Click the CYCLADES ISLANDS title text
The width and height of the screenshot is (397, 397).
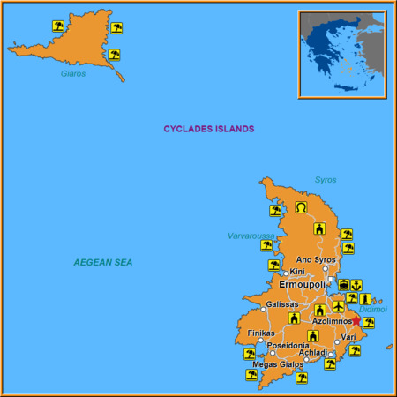coord(208,129)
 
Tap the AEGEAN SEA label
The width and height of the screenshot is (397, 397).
coord(103,263)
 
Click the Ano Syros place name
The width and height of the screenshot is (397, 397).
coord(316,259)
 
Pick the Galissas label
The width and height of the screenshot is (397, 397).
coord(281,304)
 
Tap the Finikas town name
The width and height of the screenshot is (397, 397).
coord(261,333)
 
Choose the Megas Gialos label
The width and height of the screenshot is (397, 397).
coord(277,363)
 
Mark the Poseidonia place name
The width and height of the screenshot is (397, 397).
coord(288,345)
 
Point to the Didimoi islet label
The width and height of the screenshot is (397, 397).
coord(373,311)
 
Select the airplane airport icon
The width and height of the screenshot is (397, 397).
coord(339,306)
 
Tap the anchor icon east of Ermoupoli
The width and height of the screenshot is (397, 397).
coord(356,285)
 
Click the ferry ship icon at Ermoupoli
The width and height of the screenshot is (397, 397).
coord(343,285)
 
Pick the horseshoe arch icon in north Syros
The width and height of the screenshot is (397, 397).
coord(301,208)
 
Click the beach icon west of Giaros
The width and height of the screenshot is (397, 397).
coord(58,26)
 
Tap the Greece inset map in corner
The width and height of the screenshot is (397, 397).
coord(341,53)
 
